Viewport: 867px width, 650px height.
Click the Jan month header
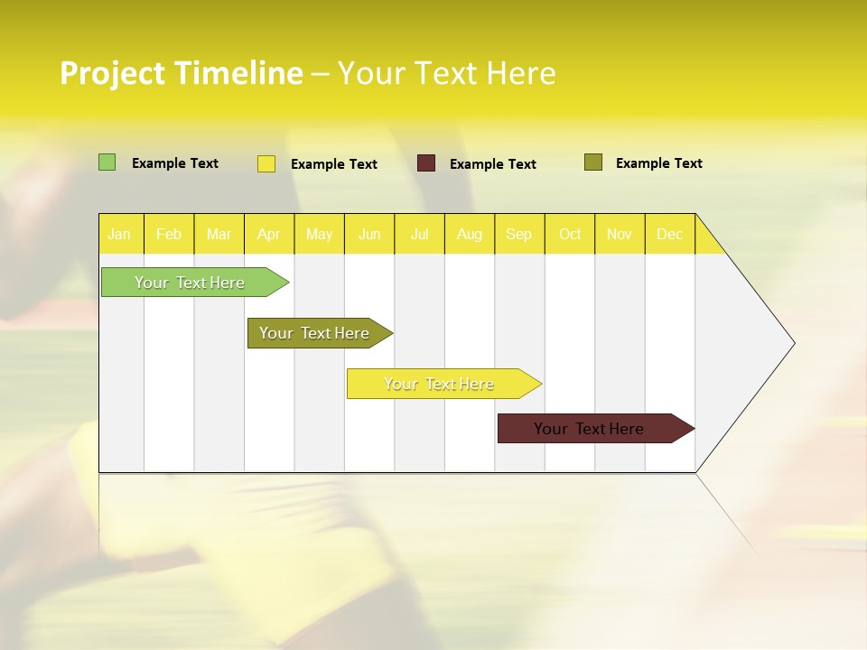[x=120, y=234]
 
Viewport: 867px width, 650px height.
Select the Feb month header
[x=169, y=234]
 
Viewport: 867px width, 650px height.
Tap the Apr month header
[x=269, y=234]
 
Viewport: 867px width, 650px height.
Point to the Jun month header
[x=369, y=234]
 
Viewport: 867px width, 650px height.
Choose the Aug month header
[x=470, y=234]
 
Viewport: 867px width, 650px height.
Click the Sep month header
[x=519, y=234]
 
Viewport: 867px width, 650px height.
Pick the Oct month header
[x=570, y=234]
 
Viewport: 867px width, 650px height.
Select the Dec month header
[x=670, y=234]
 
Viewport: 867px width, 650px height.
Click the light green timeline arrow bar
[x=190, y=283]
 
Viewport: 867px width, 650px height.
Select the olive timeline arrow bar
[x=314, y=333]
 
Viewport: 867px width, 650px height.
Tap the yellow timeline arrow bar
[x=439, y=384]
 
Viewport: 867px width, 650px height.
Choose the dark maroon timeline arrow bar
[x=589, y=429]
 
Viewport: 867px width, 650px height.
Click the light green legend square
[x=107, y=162]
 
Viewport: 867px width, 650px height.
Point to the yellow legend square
[x=266, y=163]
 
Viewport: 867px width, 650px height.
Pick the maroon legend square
[x=426, y=163]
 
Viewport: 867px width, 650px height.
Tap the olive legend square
[x=593, y=162]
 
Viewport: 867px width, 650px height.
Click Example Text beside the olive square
[x=658, y=163]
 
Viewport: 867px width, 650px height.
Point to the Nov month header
[x=620, y=234]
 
